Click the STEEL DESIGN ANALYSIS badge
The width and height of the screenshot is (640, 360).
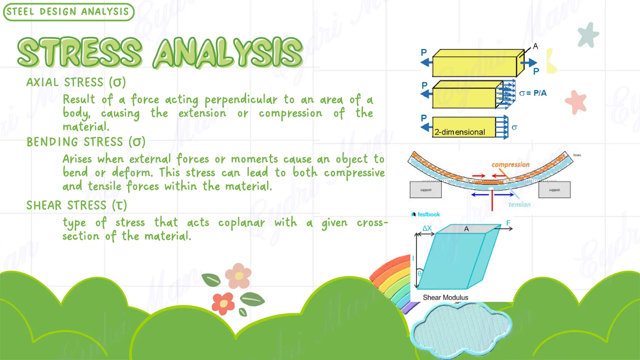pyautogui.click(x=68, y=12)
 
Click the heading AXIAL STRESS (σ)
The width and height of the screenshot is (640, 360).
pyautogui.click(x=76, y=82)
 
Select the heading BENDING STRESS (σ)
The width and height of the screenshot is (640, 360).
pyautogui.click(x=86, y=142)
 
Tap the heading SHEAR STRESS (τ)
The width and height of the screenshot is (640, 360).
pyautogui.click(x=77, y=206)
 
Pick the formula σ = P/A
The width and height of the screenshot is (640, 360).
pyautogui.click(x=532, y=93)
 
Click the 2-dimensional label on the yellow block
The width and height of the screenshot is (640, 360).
pyautogui.click(x=460, y=132)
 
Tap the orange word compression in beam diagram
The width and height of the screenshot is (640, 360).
pyautogui.click(x=510, y=165)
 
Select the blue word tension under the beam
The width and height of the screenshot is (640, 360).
pyautogui.click(x=519, y=205)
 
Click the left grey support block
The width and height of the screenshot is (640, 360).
pyautogui.click(x=426, y=190)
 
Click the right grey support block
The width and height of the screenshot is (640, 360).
pyautogui.click(x=554, y=190)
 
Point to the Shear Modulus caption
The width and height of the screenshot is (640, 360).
pyautogui.click(x=445, y=297)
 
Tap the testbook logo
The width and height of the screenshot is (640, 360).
pyautogui.click(x=426, y=214)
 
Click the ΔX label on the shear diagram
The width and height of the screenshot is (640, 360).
pyautogui.click(x=427, y=228)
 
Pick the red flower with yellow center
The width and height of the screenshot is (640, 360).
pyautogui.click(x=223, y=303)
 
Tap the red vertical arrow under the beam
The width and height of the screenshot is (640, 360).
pyautogui.click(x=492, y=200)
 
